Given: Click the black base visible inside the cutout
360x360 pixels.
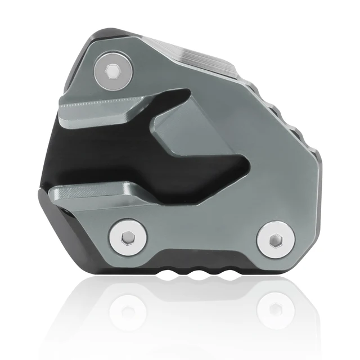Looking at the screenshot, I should (112, 149).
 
